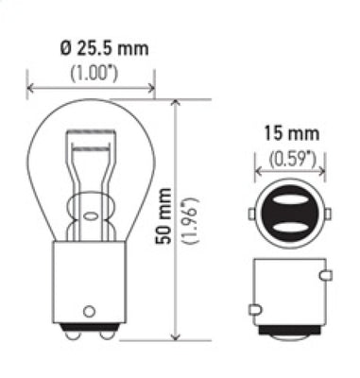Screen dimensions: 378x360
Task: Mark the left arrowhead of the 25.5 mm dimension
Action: click(31, 91)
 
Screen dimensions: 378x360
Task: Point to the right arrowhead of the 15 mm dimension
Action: click(317, 173)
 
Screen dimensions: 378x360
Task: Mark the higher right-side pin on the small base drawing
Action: click(325, 275)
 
